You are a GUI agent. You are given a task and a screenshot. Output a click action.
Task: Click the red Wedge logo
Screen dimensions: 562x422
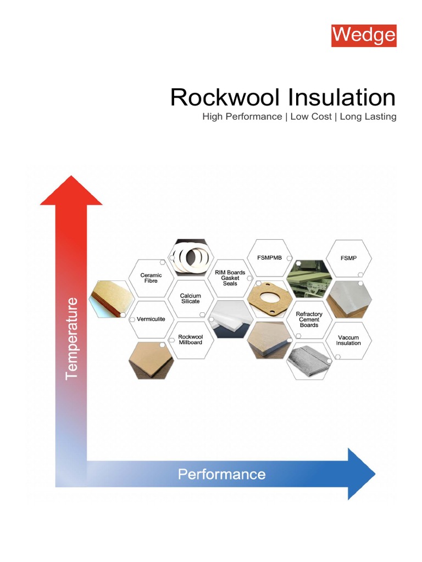click(363, 35)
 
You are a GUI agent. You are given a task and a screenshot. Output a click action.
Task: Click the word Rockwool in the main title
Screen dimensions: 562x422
click(225, 98)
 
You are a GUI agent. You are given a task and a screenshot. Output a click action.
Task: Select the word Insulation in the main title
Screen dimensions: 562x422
click(342, 98)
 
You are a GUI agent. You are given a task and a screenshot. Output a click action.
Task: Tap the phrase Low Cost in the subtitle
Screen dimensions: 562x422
click(311, 117)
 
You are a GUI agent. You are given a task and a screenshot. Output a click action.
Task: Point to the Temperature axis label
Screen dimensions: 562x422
click(72, 339)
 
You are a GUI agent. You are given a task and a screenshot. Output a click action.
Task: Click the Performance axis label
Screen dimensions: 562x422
click(221, 474)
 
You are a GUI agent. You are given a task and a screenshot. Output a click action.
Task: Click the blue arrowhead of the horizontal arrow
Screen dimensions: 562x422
click(360, 474)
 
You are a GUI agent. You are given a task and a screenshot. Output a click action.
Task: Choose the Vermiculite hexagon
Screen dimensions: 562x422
click(151, 319)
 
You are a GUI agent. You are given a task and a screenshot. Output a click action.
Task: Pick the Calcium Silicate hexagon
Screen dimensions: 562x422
click(190, 299)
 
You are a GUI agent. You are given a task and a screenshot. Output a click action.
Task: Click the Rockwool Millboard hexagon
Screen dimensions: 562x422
click(190, 340)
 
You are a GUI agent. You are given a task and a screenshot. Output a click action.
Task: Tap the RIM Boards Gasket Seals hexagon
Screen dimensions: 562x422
click(230, 278)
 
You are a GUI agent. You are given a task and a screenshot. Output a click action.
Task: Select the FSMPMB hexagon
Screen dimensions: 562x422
click(269, 257)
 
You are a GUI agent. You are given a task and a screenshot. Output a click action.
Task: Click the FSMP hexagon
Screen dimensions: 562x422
click(348, 257)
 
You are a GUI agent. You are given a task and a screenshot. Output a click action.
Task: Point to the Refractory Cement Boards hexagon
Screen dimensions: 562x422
click(309, 319)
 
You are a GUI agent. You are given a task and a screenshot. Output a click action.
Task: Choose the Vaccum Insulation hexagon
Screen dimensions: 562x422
click(348, 340)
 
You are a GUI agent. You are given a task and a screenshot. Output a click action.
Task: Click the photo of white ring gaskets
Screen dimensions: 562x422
click(190, 257)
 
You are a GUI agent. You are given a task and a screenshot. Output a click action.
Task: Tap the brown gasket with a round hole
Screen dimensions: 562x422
click(269, 299)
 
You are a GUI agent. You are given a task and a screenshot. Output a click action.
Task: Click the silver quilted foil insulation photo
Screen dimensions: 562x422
click(309, 361)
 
